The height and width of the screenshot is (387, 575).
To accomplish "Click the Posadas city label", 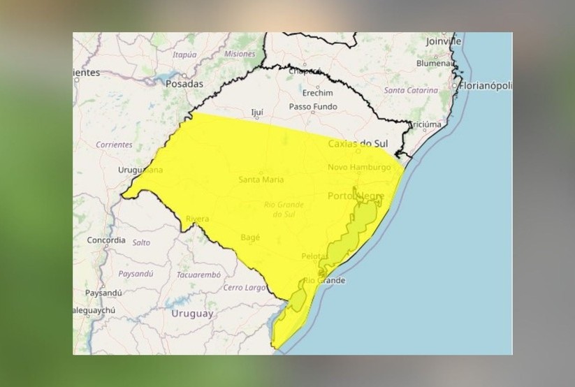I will click(184, 84).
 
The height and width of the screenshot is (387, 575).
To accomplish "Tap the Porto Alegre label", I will click(357, 196).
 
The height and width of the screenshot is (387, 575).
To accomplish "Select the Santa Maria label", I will click(261, 180).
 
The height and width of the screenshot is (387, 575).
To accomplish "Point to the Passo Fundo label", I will click(313, 107).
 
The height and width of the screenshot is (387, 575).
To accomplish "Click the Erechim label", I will click(317, 92).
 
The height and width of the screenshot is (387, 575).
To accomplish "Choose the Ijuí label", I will click(257, 112).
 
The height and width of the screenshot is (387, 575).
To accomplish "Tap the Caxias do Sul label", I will click(357, 144).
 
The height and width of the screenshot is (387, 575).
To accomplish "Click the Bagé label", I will click(249, 238).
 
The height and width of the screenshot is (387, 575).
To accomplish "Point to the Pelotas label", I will click(314, 256).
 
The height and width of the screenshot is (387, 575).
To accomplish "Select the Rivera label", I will click(197, 219).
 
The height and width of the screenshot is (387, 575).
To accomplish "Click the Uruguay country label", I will click(192, 314).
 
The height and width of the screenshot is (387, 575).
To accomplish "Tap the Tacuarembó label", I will click(198, 275).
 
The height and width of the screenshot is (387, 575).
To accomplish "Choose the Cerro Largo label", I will click(244, 288).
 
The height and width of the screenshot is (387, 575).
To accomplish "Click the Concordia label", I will click(106, 240).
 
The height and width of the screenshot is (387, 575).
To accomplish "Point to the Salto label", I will click(141, 242).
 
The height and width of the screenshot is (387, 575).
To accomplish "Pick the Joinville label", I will click(444, 41).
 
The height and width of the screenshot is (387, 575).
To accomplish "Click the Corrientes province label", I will click(114, 145).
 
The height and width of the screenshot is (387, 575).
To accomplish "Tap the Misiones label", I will click(240, 54).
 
